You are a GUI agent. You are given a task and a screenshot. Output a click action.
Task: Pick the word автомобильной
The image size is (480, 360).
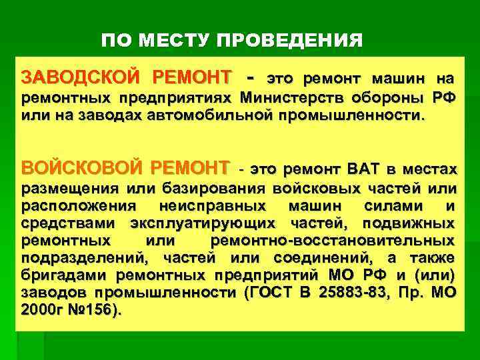click(x=213, y=115)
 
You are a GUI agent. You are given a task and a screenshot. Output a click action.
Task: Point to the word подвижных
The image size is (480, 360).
click(x=413, y=222)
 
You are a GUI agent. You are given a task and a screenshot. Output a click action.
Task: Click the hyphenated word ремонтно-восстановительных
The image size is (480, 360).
click(x=333, y=240)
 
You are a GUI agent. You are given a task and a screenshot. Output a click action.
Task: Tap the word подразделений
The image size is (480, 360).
click(x=75, y=257)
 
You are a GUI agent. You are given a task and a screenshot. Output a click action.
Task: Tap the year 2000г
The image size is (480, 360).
click(x=41, y=309)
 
